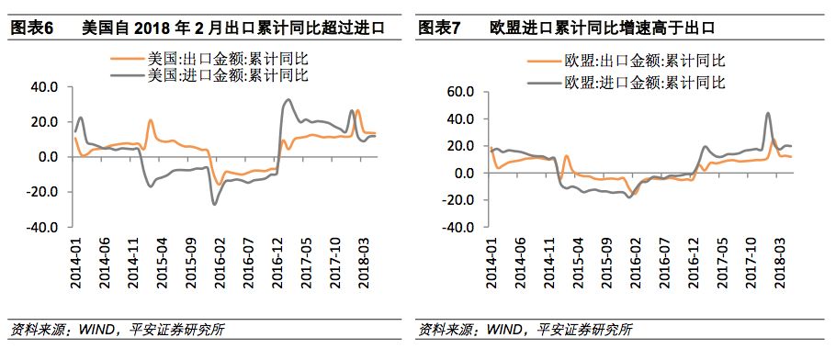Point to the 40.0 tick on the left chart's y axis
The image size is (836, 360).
(45, 87)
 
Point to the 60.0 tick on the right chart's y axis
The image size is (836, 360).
(458, 92)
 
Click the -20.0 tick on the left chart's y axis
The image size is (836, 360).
(43, 192)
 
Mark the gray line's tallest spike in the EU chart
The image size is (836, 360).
(768, 114)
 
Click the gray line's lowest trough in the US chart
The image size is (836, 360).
(215, 204)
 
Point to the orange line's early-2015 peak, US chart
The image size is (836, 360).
(150, 120)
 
